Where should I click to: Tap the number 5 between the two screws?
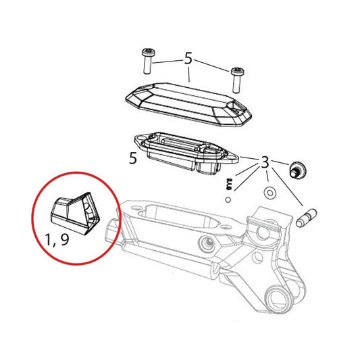(188, 59)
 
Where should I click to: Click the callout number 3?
(265, 162)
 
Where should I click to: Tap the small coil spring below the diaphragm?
(230, 183)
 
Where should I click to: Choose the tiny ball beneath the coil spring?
(230, 199)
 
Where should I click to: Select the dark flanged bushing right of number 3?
(295, 169)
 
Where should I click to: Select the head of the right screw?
(237, 70)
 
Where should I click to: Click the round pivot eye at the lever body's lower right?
(278, 297)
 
